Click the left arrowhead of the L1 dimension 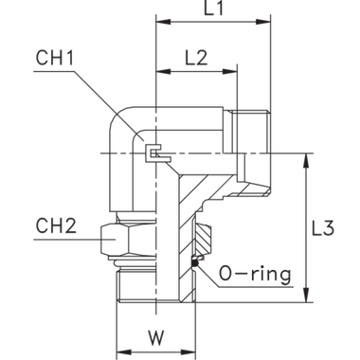click(x=160, y=21)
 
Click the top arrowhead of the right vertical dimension click(x=306, y=162)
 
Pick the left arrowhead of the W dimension click(x=120, y=350)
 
